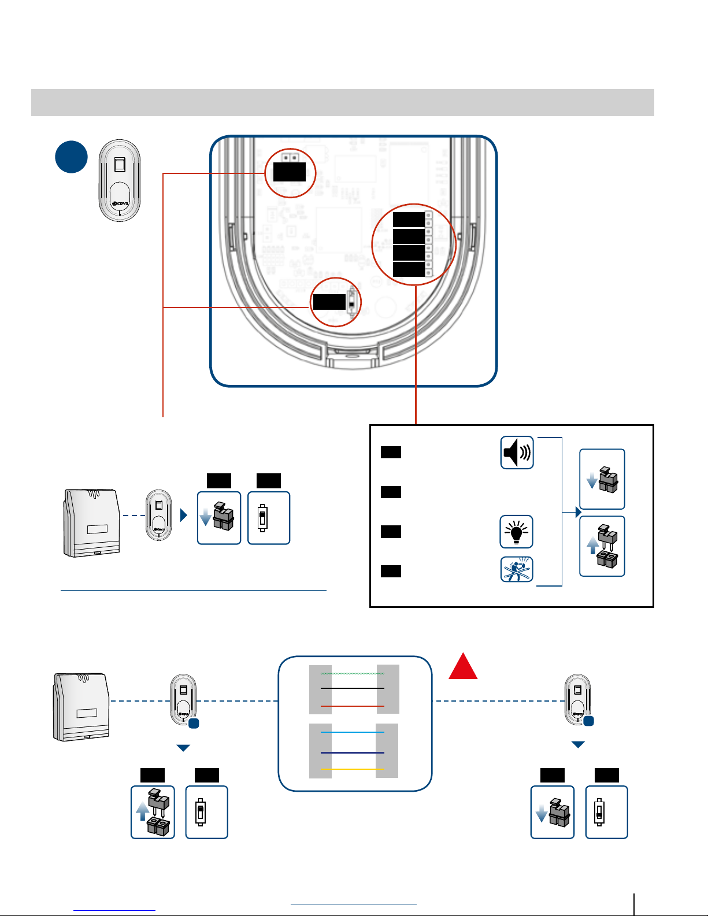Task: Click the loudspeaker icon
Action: click(x=517, y=453)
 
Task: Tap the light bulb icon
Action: click(x=516, y=532)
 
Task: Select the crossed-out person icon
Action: click(x=516, y=569)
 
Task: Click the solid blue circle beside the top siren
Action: click(x=71, y=157)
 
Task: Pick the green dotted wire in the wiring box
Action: click(x=353, y=673)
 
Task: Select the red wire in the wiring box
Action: click(x=353, y=706)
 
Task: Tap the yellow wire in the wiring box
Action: click(x=353, y=769)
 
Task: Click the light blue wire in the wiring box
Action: click(x=353, y=732)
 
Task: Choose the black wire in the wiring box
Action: click(x=353, y=688)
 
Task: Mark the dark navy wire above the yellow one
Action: click(x=353, y=752)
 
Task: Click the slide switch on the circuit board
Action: click(x=351, y=302)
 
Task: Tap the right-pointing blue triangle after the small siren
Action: click(x=184, y=515)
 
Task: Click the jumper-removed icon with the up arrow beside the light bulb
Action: click(x=602, y=546)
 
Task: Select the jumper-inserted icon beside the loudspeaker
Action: click(x=602, y=479)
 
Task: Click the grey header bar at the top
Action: click(x=342, y=102)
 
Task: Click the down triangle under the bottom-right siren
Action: click(x=578, y=745)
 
